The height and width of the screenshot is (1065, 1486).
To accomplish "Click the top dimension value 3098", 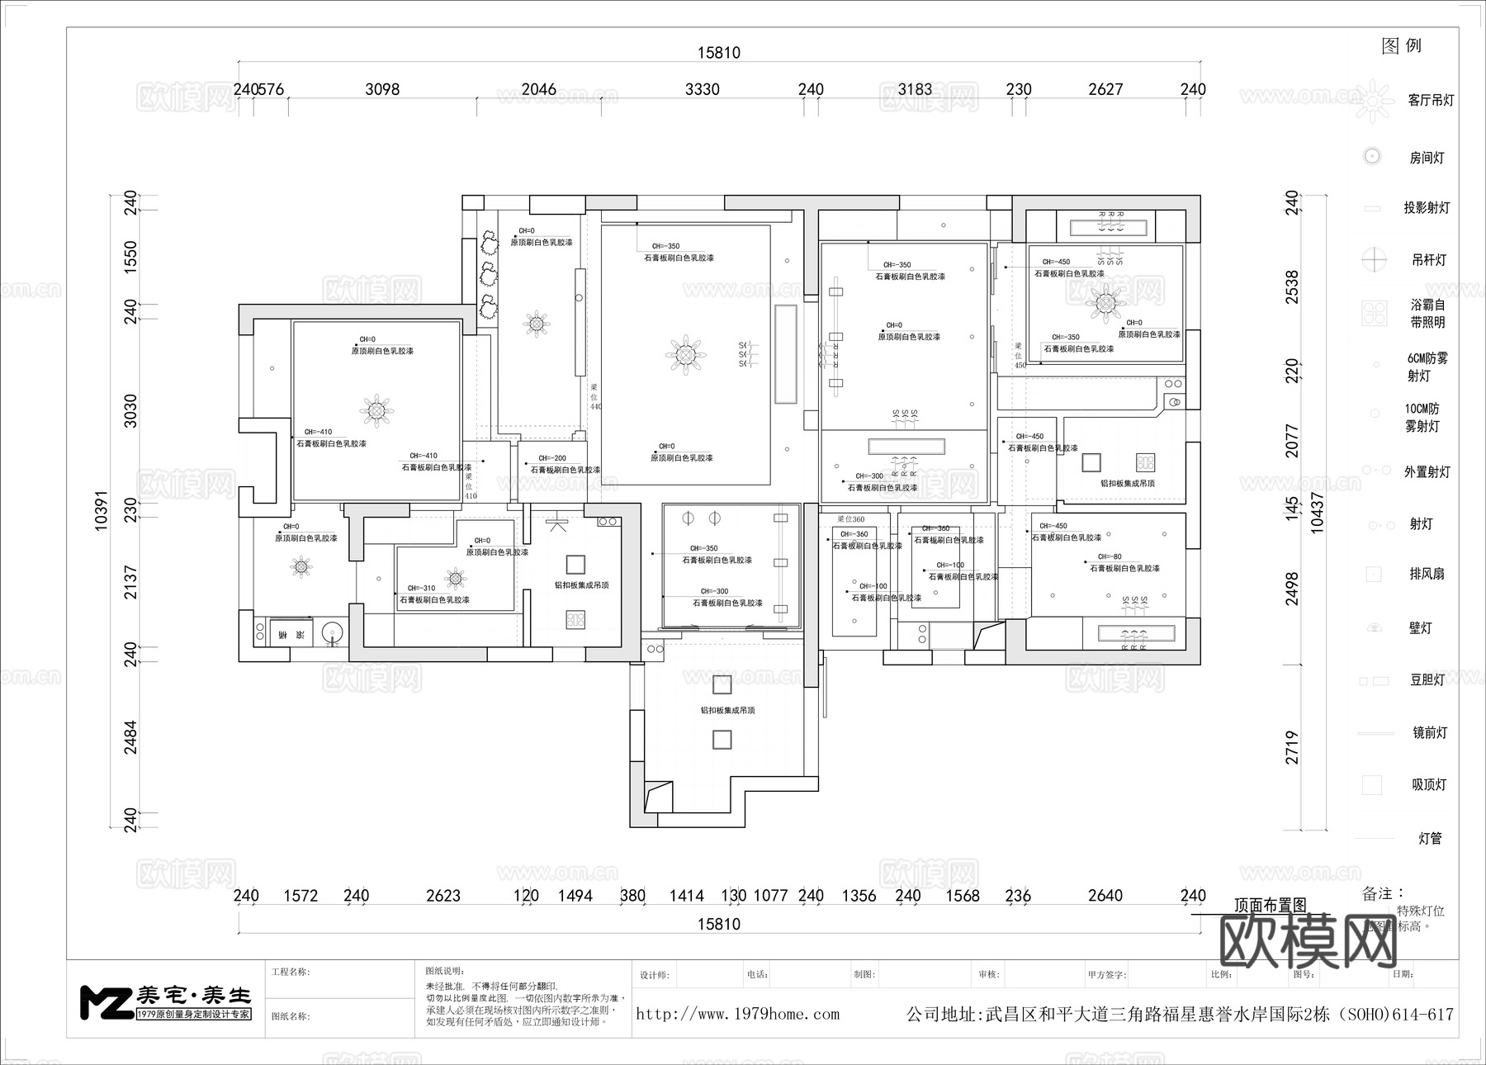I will coord(382,89).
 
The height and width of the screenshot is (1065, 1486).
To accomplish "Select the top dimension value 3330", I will coord(703,89).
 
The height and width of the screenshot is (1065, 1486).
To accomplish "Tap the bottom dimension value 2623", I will coord(443,896).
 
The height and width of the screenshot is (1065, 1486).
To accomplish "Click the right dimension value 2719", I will coord(1292,747).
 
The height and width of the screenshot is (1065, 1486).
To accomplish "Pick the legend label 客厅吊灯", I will coord(1431,101).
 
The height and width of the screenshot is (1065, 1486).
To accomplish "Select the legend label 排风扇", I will coord(1427,574).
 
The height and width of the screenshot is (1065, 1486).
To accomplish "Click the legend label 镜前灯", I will coord(1430,732).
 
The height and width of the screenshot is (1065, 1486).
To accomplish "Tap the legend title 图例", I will coord(1402,46).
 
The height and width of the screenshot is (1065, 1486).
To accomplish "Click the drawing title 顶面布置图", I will coord(1270,905).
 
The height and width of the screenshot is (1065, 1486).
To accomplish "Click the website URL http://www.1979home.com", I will coord(737,1014).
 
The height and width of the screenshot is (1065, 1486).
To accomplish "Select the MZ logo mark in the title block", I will coord(106,1001).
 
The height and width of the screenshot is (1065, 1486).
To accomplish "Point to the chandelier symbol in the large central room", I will coord(685,355).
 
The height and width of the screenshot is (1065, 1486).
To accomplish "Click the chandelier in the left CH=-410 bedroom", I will coord(376,409).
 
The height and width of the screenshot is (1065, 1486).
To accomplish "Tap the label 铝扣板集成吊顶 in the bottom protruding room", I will coord(728,710).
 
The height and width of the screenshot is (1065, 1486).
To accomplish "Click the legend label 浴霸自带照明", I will coord(1427,314).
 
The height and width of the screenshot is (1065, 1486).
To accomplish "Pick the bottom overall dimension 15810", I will coord(718,924).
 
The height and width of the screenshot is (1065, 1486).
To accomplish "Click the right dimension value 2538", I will coord(1292,286).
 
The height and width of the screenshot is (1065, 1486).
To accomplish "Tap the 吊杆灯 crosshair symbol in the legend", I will coord(1374,259).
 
